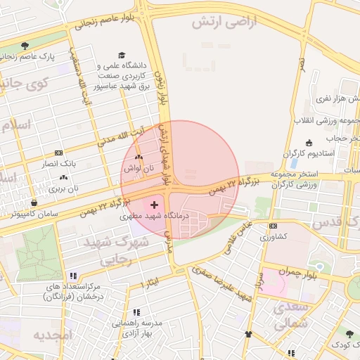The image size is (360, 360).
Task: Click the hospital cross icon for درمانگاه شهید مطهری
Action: coord(154,205)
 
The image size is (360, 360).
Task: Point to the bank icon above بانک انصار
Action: coord(58,152)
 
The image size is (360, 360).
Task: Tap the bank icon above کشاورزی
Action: coord(273,226)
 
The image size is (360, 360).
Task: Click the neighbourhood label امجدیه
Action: coord(53,334)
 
